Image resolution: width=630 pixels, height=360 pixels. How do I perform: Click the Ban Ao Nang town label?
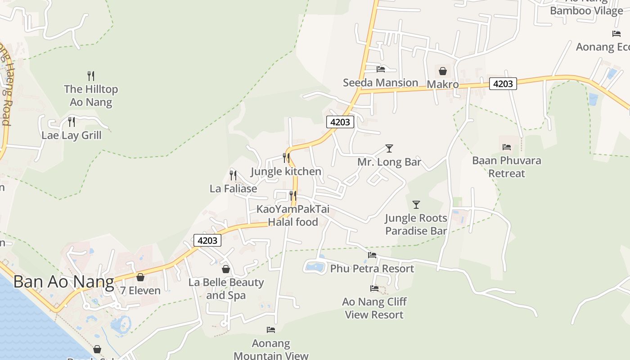(63, 282)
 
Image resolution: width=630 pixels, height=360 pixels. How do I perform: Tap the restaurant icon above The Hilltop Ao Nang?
(91, 76)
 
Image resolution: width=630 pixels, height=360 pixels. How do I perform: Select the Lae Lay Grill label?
(72, 135)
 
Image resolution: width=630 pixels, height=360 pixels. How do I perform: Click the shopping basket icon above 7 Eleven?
(140, 277)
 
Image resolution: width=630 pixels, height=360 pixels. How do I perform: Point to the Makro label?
(442, 84)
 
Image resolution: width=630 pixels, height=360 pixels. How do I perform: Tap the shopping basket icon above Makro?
(442, 71)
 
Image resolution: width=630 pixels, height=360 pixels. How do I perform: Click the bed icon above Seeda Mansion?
(381, 69)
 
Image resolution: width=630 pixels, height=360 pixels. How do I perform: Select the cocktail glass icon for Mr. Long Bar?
(389, 148)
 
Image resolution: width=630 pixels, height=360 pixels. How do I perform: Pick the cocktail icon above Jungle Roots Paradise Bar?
(416, 205)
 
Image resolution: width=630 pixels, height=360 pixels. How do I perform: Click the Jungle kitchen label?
(286, 171)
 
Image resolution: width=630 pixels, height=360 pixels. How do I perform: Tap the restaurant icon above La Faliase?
(233, 175)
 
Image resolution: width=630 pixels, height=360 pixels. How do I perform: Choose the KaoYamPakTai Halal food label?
(293, 216)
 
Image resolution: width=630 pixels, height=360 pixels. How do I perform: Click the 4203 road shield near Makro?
(503, 84)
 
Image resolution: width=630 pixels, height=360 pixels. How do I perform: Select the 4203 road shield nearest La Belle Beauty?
(207, 240)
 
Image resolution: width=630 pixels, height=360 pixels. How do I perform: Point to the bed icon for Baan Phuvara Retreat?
(507, 147)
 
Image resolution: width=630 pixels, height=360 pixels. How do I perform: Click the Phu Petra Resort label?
(372, 269)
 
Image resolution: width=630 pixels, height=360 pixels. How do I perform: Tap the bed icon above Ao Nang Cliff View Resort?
(374, 288)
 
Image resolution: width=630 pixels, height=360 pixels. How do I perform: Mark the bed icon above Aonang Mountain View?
(271, 330)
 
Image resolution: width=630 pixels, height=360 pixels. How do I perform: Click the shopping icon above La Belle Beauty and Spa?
(226, 269)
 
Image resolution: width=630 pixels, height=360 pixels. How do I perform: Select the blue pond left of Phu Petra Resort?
(315, 266)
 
